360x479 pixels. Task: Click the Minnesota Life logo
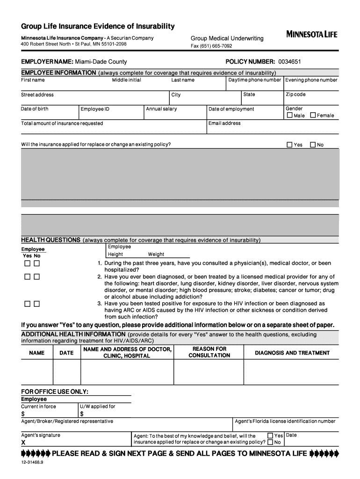pyautogui.click(x=311, y=34)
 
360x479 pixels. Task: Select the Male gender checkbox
pyautogui.click(x=290, y=115)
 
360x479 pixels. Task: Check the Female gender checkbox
pyautogui.click(x=313, y=115)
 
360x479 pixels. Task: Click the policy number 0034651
pyautogui.click(x=290, y=62)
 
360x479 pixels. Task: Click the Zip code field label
pyautogui.click(x=295, y=94)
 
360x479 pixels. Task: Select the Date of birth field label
pyautogui.click(x=35, y=109)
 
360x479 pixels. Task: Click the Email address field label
pyautogui.click(x=224, y=123)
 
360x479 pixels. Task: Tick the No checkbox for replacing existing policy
pyautogui.click(x=313, y=145)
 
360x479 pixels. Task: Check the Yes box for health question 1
pyautogui.click(x=28, y=264)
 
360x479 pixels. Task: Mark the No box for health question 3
pyautogui.click(x=36, y=304)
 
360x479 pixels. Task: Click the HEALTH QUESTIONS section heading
pyautogui.click(x=51, y=240)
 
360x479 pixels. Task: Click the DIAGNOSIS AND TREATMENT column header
pyautogui.click(x=292, y=353)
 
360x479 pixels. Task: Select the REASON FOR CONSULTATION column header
pyautogui.click(x=209, y=352)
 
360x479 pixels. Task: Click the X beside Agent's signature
pyautogui.click(x=23, y=443)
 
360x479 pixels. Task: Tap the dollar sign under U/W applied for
pyautogui.click(x=82, y=414)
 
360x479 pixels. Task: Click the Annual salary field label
pyautogui.click(x=161, y=109)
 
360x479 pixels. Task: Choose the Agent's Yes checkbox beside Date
pyautogui.click(x=270, y=435)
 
